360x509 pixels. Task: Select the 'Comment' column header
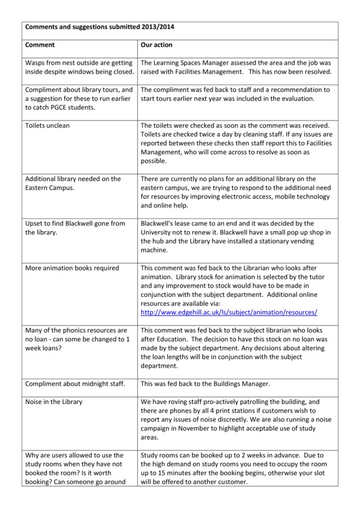40,44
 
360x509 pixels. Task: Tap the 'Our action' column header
157,44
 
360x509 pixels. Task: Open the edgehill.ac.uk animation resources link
229,312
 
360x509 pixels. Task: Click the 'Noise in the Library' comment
53,401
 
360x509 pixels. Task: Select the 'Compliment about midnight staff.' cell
74,383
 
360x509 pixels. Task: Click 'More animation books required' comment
72,268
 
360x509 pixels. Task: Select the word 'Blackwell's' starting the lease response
159,224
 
